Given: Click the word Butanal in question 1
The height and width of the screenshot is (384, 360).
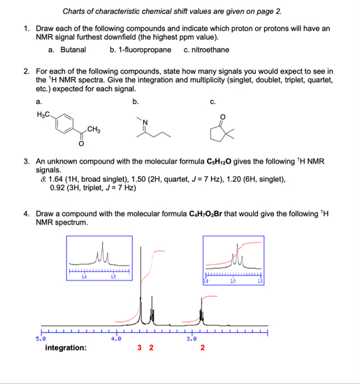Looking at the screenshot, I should [x=73, y=50].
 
